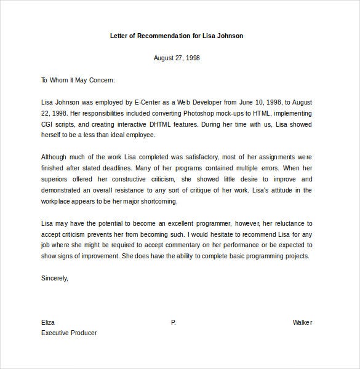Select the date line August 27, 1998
tap(176, 58)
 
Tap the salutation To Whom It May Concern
tap(78, 80)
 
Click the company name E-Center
tap(137, 102)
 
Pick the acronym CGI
tap(49, 124)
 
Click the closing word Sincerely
tap(54, 278)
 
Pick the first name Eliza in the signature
tap(48, 322)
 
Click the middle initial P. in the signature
tap(174, 322)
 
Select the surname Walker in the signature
tap(302, 322)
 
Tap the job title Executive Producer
tap(69, 333)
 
